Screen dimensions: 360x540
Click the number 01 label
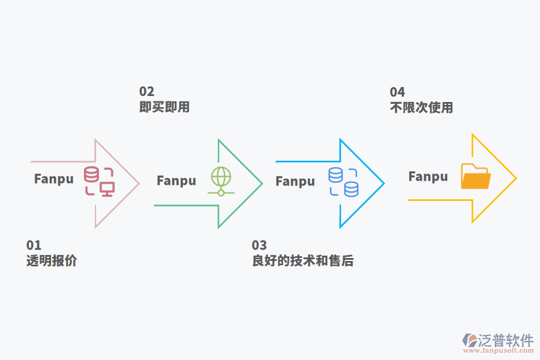point(34,245)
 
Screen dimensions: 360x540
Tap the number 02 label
point(146,92)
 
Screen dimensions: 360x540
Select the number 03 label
point(259,245)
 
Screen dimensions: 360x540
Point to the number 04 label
point(397,92)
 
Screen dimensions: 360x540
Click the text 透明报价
point(52,261)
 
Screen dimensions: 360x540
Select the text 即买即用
point(164,107)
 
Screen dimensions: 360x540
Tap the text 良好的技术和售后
point(302,261)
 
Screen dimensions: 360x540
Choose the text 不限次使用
point(421,108)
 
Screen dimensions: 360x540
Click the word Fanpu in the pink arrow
point(54,179)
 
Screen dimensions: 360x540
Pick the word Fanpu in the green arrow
point(176,181)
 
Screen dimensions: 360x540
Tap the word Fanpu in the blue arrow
point(295,181)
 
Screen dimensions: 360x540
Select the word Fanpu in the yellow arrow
point(428,176)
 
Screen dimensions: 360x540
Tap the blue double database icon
point(343,182)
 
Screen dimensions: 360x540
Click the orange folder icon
point(475,176)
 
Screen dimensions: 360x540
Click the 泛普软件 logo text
point(506,340)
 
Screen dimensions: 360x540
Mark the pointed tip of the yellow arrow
point(515,178)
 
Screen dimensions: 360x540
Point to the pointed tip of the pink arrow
point(139,183)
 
